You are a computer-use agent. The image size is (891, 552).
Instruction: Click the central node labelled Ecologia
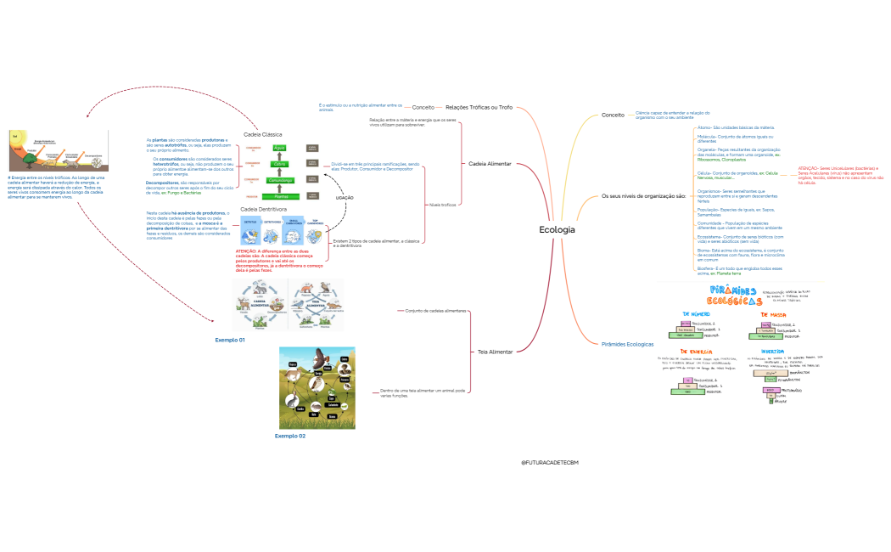[557, 230]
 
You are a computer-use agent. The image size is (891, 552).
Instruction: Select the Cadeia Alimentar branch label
[490, 162]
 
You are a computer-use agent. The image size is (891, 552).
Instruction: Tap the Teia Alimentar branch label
[495, 351]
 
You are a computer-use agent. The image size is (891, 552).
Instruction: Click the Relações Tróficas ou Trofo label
[479, 107]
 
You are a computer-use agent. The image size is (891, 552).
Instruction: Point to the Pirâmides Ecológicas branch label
[627, 344]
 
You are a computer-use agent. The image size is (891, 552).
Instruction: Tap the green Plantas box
[281, 196]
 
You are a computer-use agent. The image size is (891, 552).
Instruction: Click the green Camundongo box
[281, 180]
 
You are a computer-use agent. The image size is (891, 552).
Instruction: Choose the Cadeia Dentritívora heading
[264, 208]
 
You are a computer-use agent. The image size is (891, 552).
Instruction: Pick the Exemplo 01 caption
[230, 340]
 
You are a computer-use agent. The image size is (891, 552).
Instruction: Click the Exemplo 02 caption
[290, 436]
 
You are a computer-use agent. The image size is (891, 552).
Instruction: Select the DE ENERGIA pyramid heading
[696, 352]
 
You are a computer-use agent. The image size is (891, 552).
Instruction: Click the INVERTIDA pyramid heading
[772, 350]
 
